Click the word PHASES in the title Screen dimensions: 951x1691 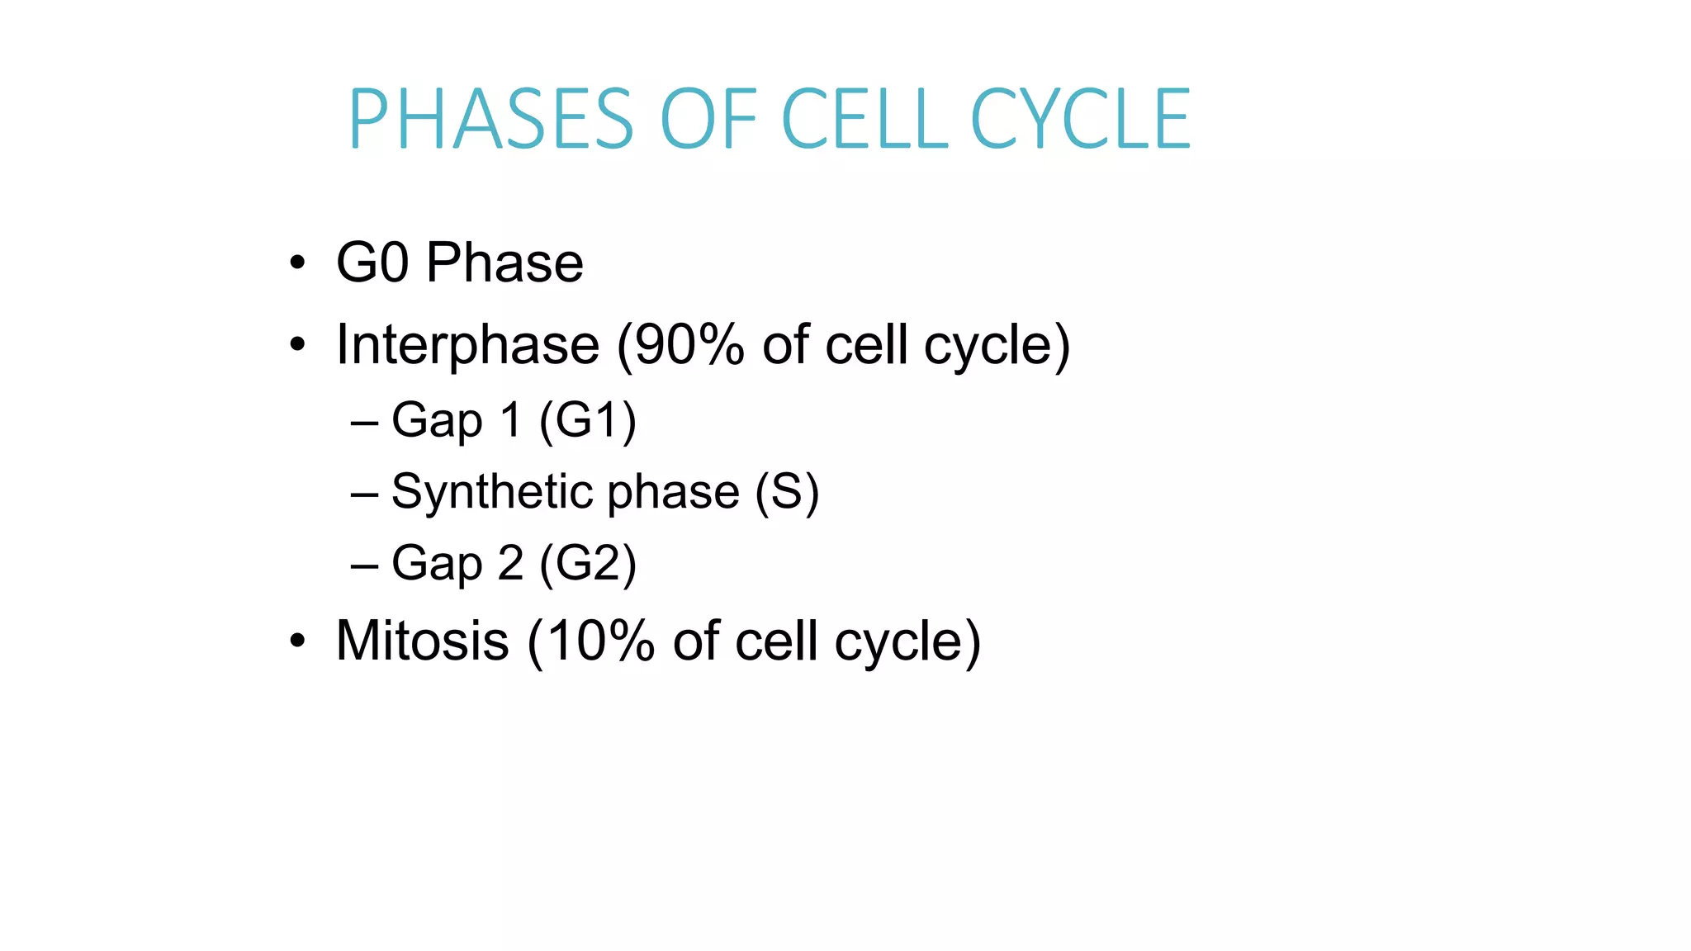coord(490,120)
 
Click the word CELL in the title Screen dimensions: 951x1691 coord(864,120)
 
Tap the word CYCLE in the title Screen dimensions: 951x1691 coord(1080,120)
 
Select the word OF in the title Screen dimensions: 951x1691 coord(708,120)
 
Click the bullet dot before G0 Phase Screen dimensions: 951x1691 coord(297,264)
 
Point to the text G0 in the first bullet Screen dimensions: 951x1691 coord(372,263)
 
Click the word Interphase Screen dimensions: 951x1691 coord(467,345)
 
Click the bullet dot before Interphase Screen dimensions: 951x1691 coord(297,344)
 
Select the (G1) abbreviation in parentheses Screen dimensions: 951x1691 coord(587,420)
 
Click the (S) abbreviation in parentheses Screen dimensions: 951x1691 coord(787,492)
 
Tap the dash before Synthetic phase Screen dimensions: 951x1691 coord(364,495)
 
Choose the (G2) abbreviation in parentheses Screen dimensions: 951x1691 coord(587,564)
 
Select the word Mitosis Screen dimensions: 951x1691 coord(422,641)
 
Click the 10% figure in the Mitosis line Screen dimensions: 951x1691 coord(600,641)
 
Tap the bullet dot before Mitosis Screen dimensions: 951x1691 coord(297,641)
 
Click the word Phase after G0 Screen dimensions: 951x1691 coord(504,263)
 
